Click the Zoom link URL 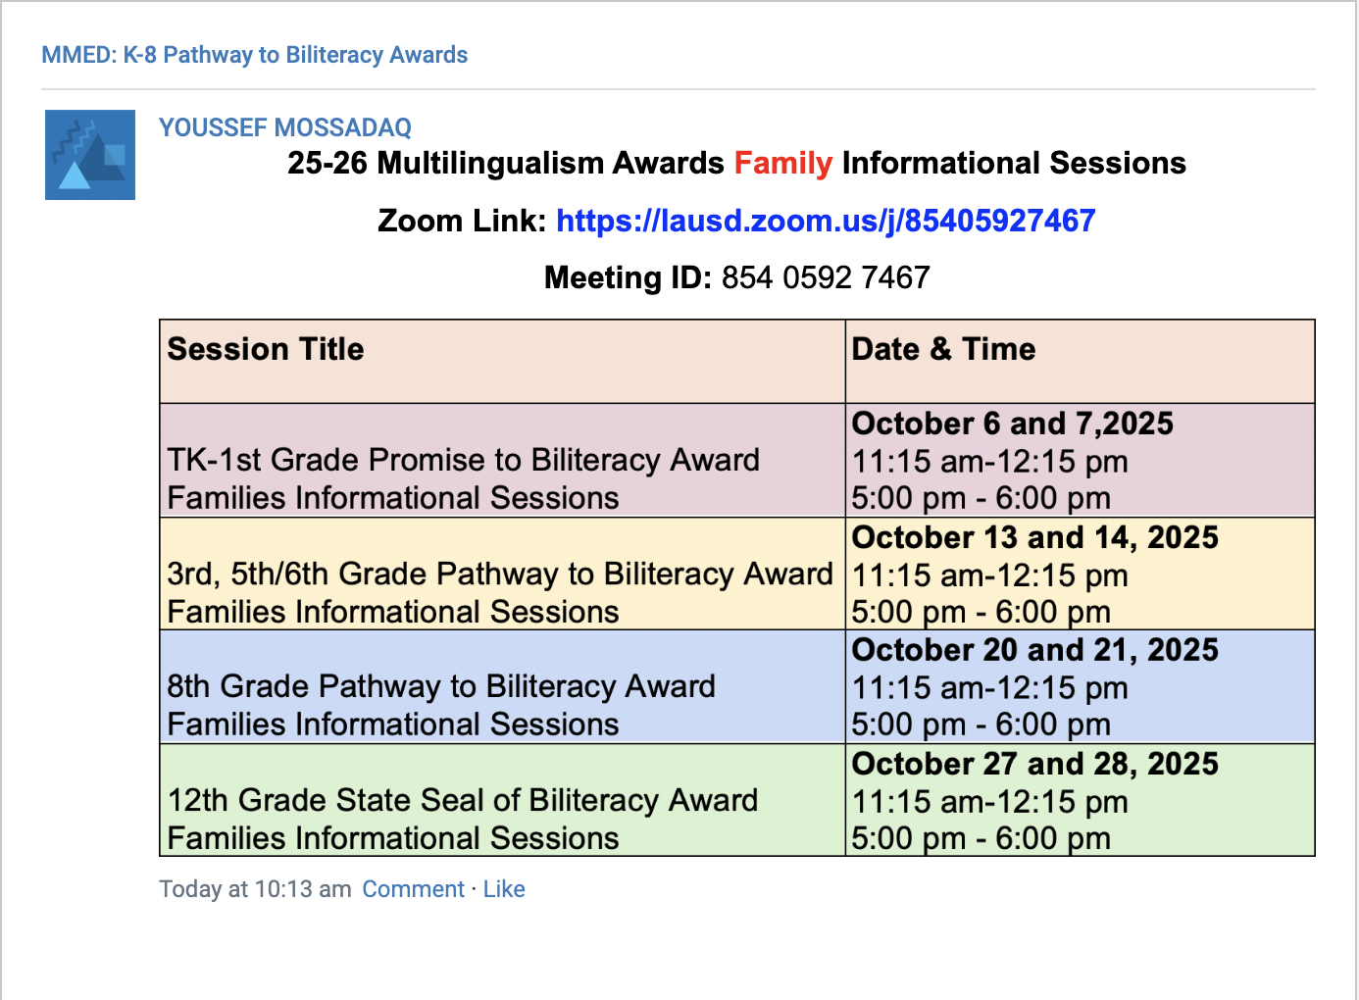pyautogui.click(x=826, y=221)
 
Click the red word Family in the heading pyautogui.click(x=783, y=164)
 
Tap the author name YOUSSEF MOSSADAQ pyautogui.click(x=285, y=127)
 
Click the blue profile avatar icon pyautogui.click(x=90, y=155)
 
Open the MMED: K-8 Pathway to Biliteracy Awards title pyautogui.click(x=254, y=55)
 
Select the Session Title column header pyautogui.click(x=265, y=349)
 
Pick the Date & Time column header pyautogui.click(x=943, y=349)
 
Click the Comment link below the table pyautogui.click(x=413, y=889)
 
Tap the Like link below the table pyautogui.click(x=504, y=889)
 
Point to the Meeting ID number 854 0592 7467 pyautogui.click(x=826, y=277)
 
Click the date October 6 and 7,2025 pyautogui.click(x=1012, y=424)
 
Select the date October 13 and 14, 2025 pyautogui.click(x=1035, y=537)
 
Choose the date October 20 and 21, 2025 pyautogui.click(x=1035, y=650)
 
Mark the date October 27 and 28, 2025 pyautogui.click(x=1035, y=764)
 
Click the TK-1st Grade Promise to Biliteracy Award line pyautogui.click(x=463, y=460)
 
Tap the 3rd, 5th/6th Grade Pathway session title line pyautogui.click(x=500, y=575)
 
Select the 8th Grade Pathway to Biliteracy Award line pyautogui.click(x=441, y=687)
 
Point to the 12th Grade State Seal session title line pyautogui.click(x=462, y=800)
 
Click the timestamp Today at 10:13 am pyautogui.click(x=255, y=889)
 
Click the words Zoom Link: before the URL pyautogui.click(x=462, y=221)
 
